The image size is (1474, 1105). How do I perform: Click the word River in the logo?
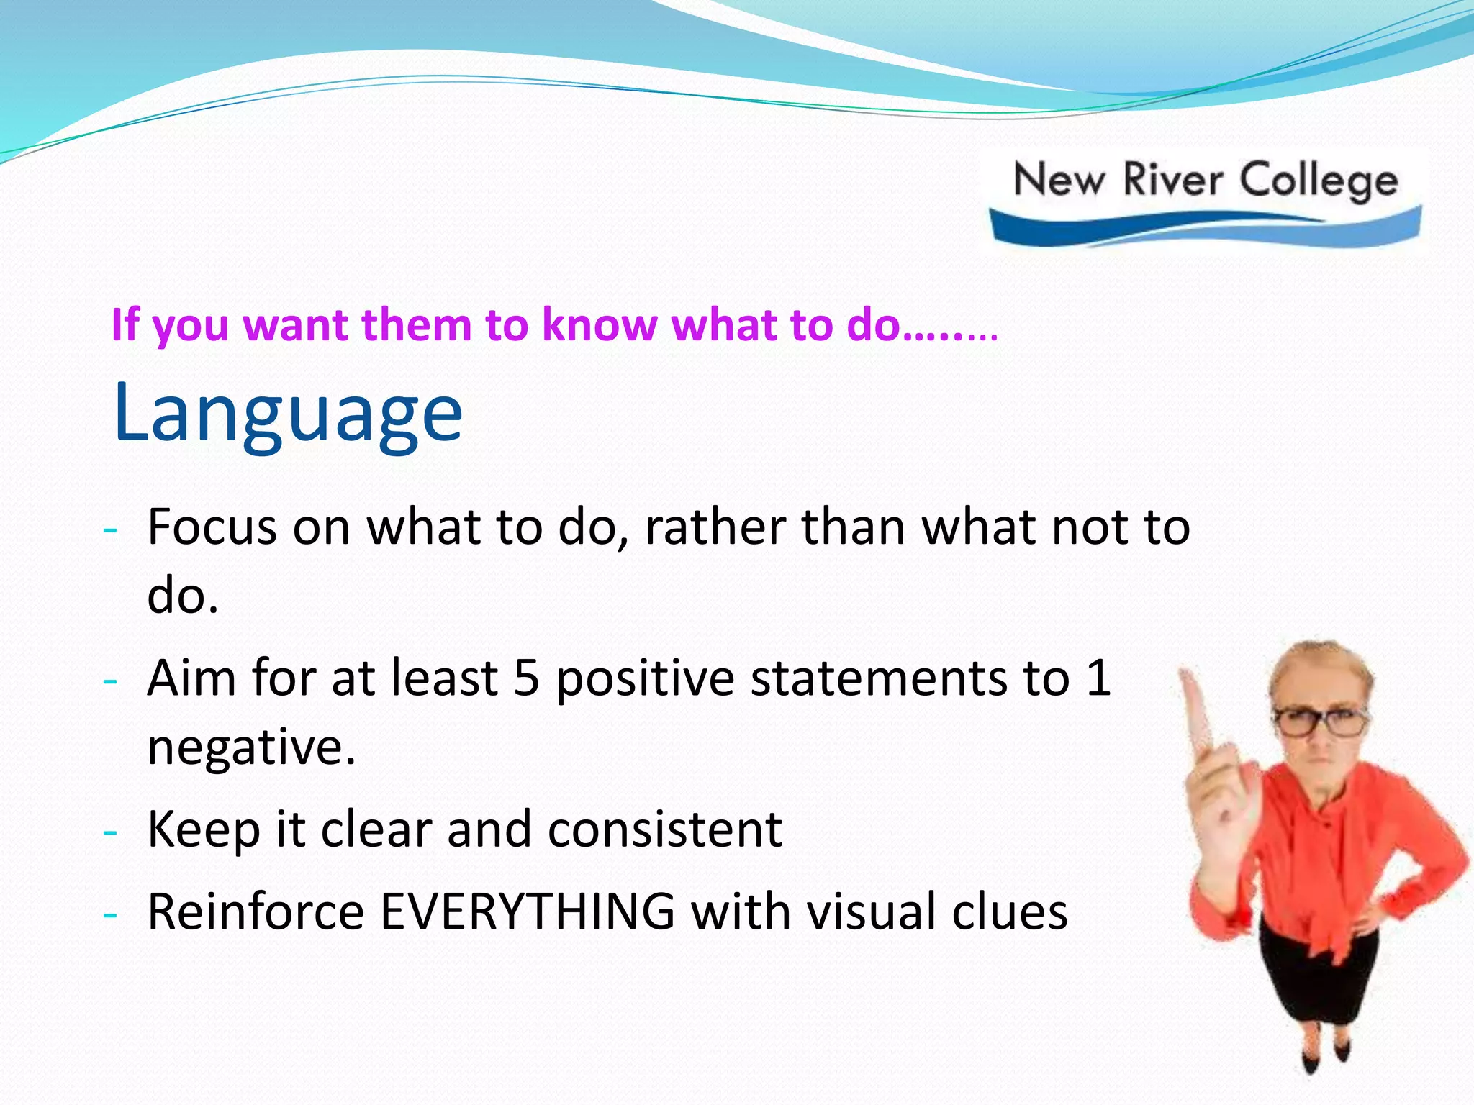1172,180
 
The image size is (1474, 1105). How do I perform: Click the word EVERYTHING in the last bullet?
528,912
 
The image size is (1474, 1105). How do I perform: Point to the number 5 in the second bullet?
526,678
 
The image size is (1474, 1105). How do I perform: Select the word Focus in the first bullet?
212,527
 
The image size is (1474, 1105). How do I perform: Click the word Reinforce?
256,912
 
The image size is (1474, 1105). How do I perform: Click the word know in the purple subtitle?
600,325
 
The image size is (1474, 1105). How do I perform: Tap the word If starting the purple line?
125,325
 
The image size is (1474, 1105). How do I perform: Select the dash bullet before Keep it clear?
109,832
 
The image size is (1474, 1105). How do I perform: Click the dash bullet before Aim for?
109,681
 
